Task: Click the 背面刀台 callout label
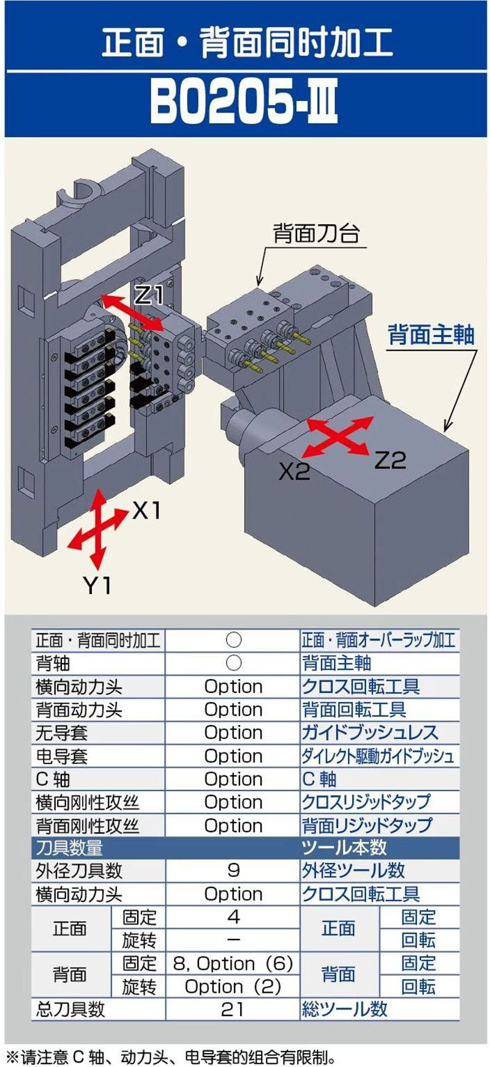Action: [x=315, y=233]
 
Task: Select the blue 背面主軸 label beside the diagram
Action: [x=431, y=335]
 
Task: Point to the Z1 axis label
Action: [x=149, y=295]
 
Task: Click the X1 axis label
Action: [x=146, y=509]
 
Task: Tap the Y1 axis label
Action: [x=97, y=586]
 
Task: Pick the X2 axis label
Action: [x=295, y=471]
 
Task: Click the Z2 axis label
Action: [x=390, y=460]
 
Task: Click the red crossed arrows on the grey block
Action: [x=339, y=436]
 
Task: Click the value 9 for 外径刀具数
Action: [x=233, y=871]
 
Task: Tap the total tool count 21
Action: [x=233, y=1009]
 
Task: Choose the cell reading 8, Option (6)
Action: [x=233, y=963]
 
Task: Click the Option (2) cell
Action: [x=233, y=987]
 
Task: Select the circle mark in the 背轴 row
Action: [x=233, y=663]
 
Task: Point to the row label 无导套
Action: [x=62, y=733]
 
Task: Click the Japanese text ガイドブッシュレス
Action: [x=369, y=733]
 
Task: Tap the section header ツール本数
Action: [x=344, y=848]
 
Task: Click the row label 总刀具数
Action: [x=70, y=1009]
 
